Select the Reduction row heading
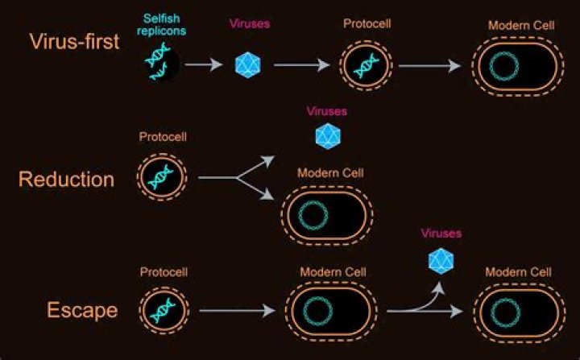coord(66,179)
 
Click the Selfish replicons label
coord(165,23)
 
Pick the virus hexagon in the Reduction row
coord(328,136)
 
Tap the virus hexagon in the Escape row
coord(441,261)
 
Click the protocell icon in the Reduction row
coord(164,177)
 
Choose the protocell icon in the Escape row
coord(164,310)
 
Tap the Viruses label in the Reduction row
coord(327,111)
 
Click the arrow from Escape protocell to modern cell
coord(237,310)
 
